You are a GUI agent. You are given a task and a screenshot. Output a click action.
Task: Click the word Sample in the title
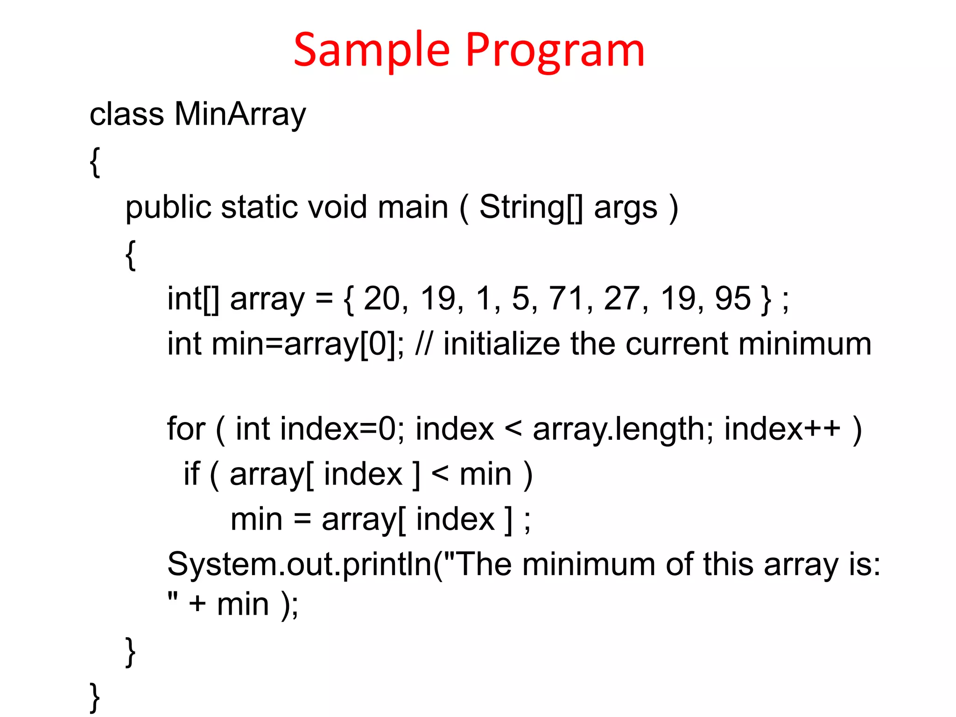372,50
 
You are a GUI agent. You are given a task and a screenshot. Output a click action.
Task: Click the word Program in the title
555,50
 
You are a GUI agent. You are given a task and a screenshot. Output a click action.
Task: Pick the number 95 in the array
733,298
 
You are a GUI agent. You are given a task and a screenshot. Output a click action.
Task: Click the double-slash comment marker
424,344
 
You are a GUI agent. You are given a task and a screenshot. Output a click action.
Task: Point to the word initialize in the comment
501,344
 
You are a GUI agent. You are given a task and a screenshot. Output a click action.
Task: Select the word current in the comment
676,344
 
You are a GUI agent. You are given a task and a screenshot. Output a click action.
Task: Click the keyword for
186,429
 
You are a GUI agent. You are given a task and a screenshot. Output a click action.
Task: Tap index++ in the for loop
782,429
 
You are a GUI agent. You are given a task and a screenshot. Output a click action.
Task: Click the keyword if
191,474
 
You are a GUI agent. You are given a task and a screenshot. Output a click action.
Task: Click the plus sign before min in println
197,605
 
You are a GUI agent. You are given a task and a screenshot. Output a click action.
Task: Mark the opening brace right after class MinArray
95,162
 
